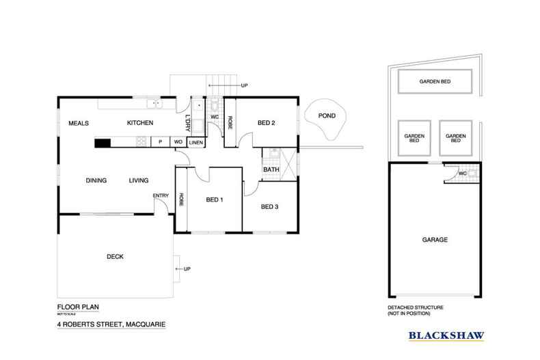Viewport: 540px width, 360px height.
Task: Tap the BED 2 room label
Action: point(266,123)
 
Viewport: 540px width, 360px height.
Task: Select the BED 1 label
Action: point(215,199)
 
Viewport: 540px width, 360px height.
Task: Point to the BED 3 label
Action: point(269,206)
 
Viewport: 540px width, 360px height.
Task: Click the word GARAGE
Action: point(435,240)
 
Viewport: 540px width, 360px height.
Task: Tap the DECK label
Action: point(114,257)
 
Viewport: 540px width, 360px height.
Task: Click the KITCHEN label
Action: point(139,123)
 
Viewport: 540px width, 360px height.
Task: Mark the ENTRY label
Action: point(161,197)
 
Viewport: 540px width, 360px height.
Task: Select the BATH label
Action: point(271,169)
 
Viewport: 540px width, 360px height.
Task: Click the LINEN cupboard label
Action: point(195,143)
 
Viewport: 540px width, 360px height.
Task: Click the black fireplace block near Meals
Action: point(102,143)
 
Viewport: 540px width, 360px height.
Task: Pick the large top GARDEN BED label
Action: point(434,82)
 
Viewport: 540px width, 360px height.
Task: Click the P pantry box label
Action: point(159,143)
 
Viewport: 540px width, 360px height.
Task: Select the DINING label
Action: point(96,181)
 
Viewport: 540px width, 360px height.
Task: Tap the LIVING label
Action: point(139,181)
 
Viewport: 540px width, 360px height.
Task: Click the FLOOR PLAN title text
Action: point(75,308)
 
